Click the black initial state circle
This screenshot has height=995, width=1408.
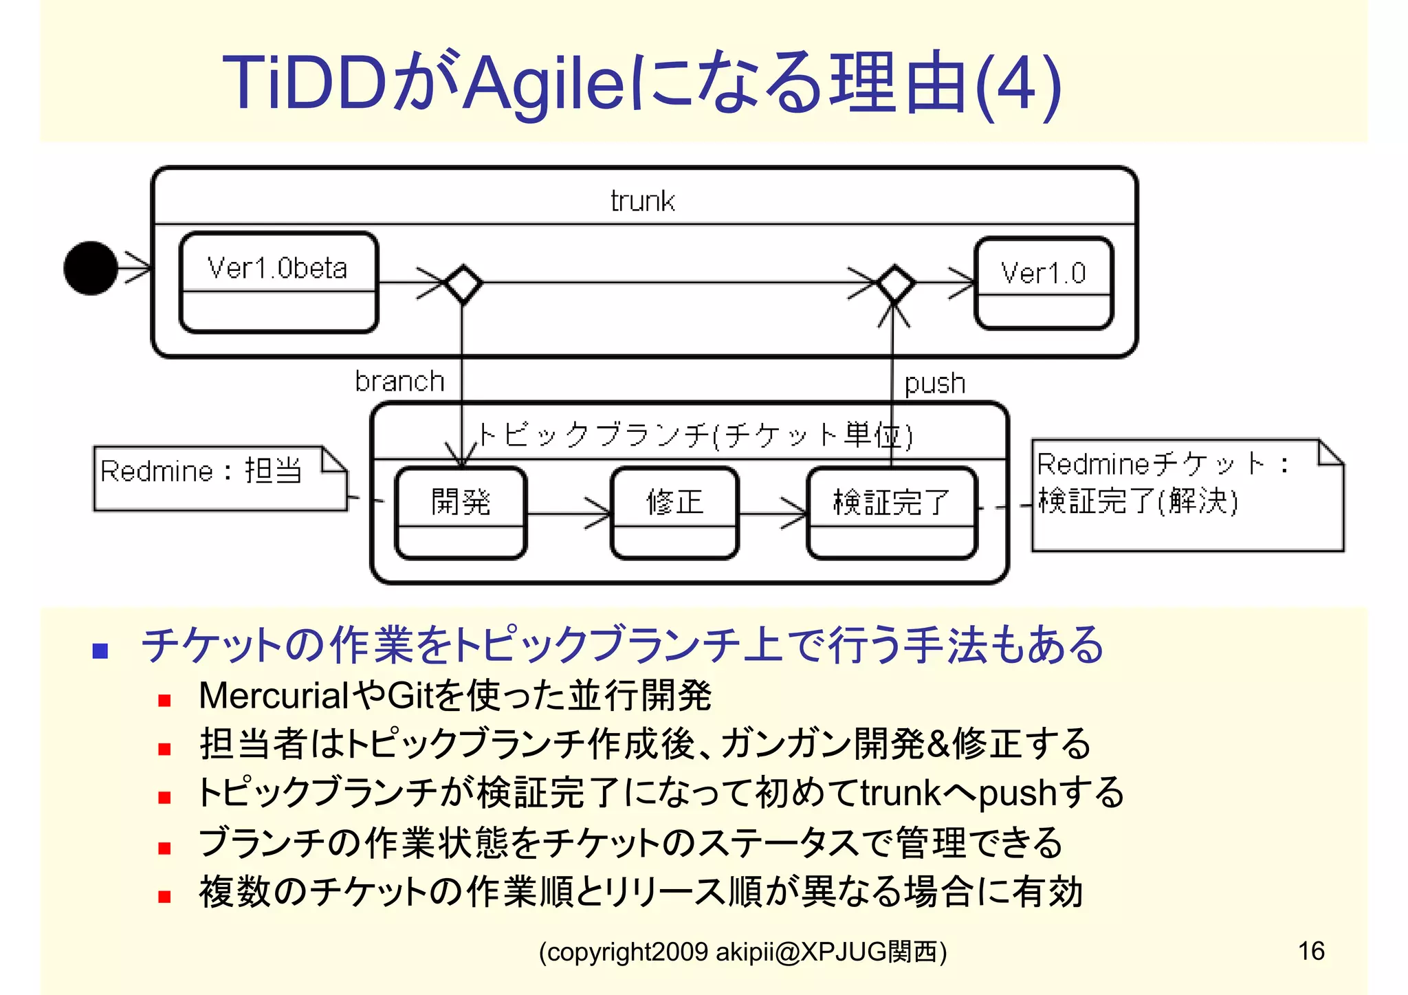click(x=90, y=268)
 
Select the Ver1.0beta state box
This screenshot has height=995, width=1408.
click(x=278, y=282)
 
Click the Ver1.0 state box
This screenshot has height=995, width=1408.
click(x=1044, y=283)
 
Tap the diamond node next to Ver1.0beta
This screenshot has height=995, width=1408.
click(x=463, y=283)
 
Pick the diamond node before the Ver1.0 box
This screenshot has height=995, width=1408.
click(x=894, y=283)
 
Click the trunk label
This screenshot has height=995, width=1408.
click(x=643, y=201)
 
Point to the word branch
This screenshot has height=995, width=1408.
click(x=399, y=381)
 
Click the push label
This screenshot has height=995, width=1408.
click(x=934, y=383)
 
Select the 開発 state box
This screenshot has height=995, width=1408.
click(x=461, y=512)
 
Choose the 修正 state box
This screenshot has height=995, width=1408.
click(x=674, y=512)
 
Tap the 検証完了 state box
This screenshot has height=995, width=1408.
click(x=892, y=512)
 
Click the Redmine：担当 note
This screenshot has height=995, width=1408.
click(x=220, y=478)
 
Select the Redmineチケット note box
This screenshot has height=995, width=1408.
click(x=1187, y=495)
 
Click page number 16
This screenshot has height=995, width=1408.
click(x=1310, y=951)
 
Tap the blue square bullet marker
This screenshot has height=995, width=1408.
click(x=100, y=650)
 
